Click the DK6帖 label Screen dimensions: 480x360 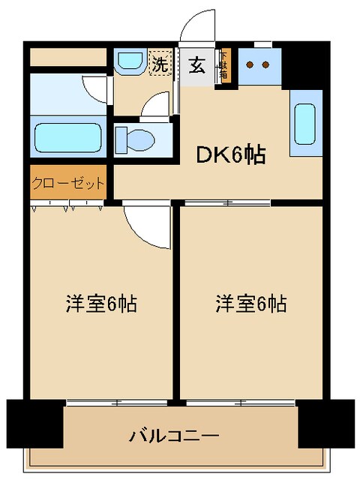coord(230,155)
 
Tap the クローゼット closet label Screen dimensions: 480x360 coord(67,182)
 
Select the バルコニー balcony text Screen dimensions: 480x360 coord(173,435)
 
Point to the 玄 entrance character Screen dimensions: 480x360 coord(196,65)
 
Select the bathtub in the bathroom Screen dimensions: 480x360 coord(67,136)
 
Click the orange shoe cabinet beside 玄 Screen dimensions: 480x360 coord(223,65)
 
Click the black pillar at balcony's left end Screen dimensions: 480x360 coord(34,424)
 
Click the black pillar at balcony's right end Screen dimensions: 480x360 coord(325,424)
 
